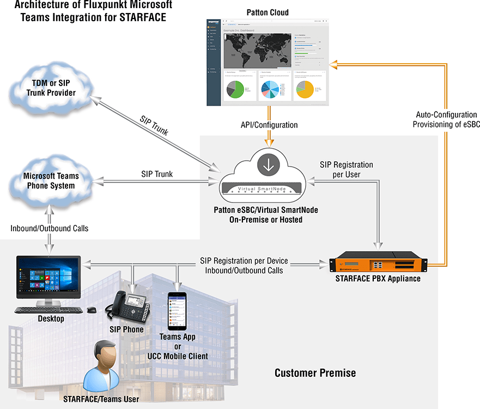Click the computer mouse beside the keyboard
(x=92, y=309)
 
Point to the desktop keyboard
(x=48, y=309)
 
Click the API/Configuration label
(x=269, y=125)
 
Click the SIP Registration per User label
(x=346, y=169)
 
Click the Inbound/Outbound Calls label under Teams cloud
(x=49, y=228)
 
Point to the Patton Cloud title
(x=268, y=13)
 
